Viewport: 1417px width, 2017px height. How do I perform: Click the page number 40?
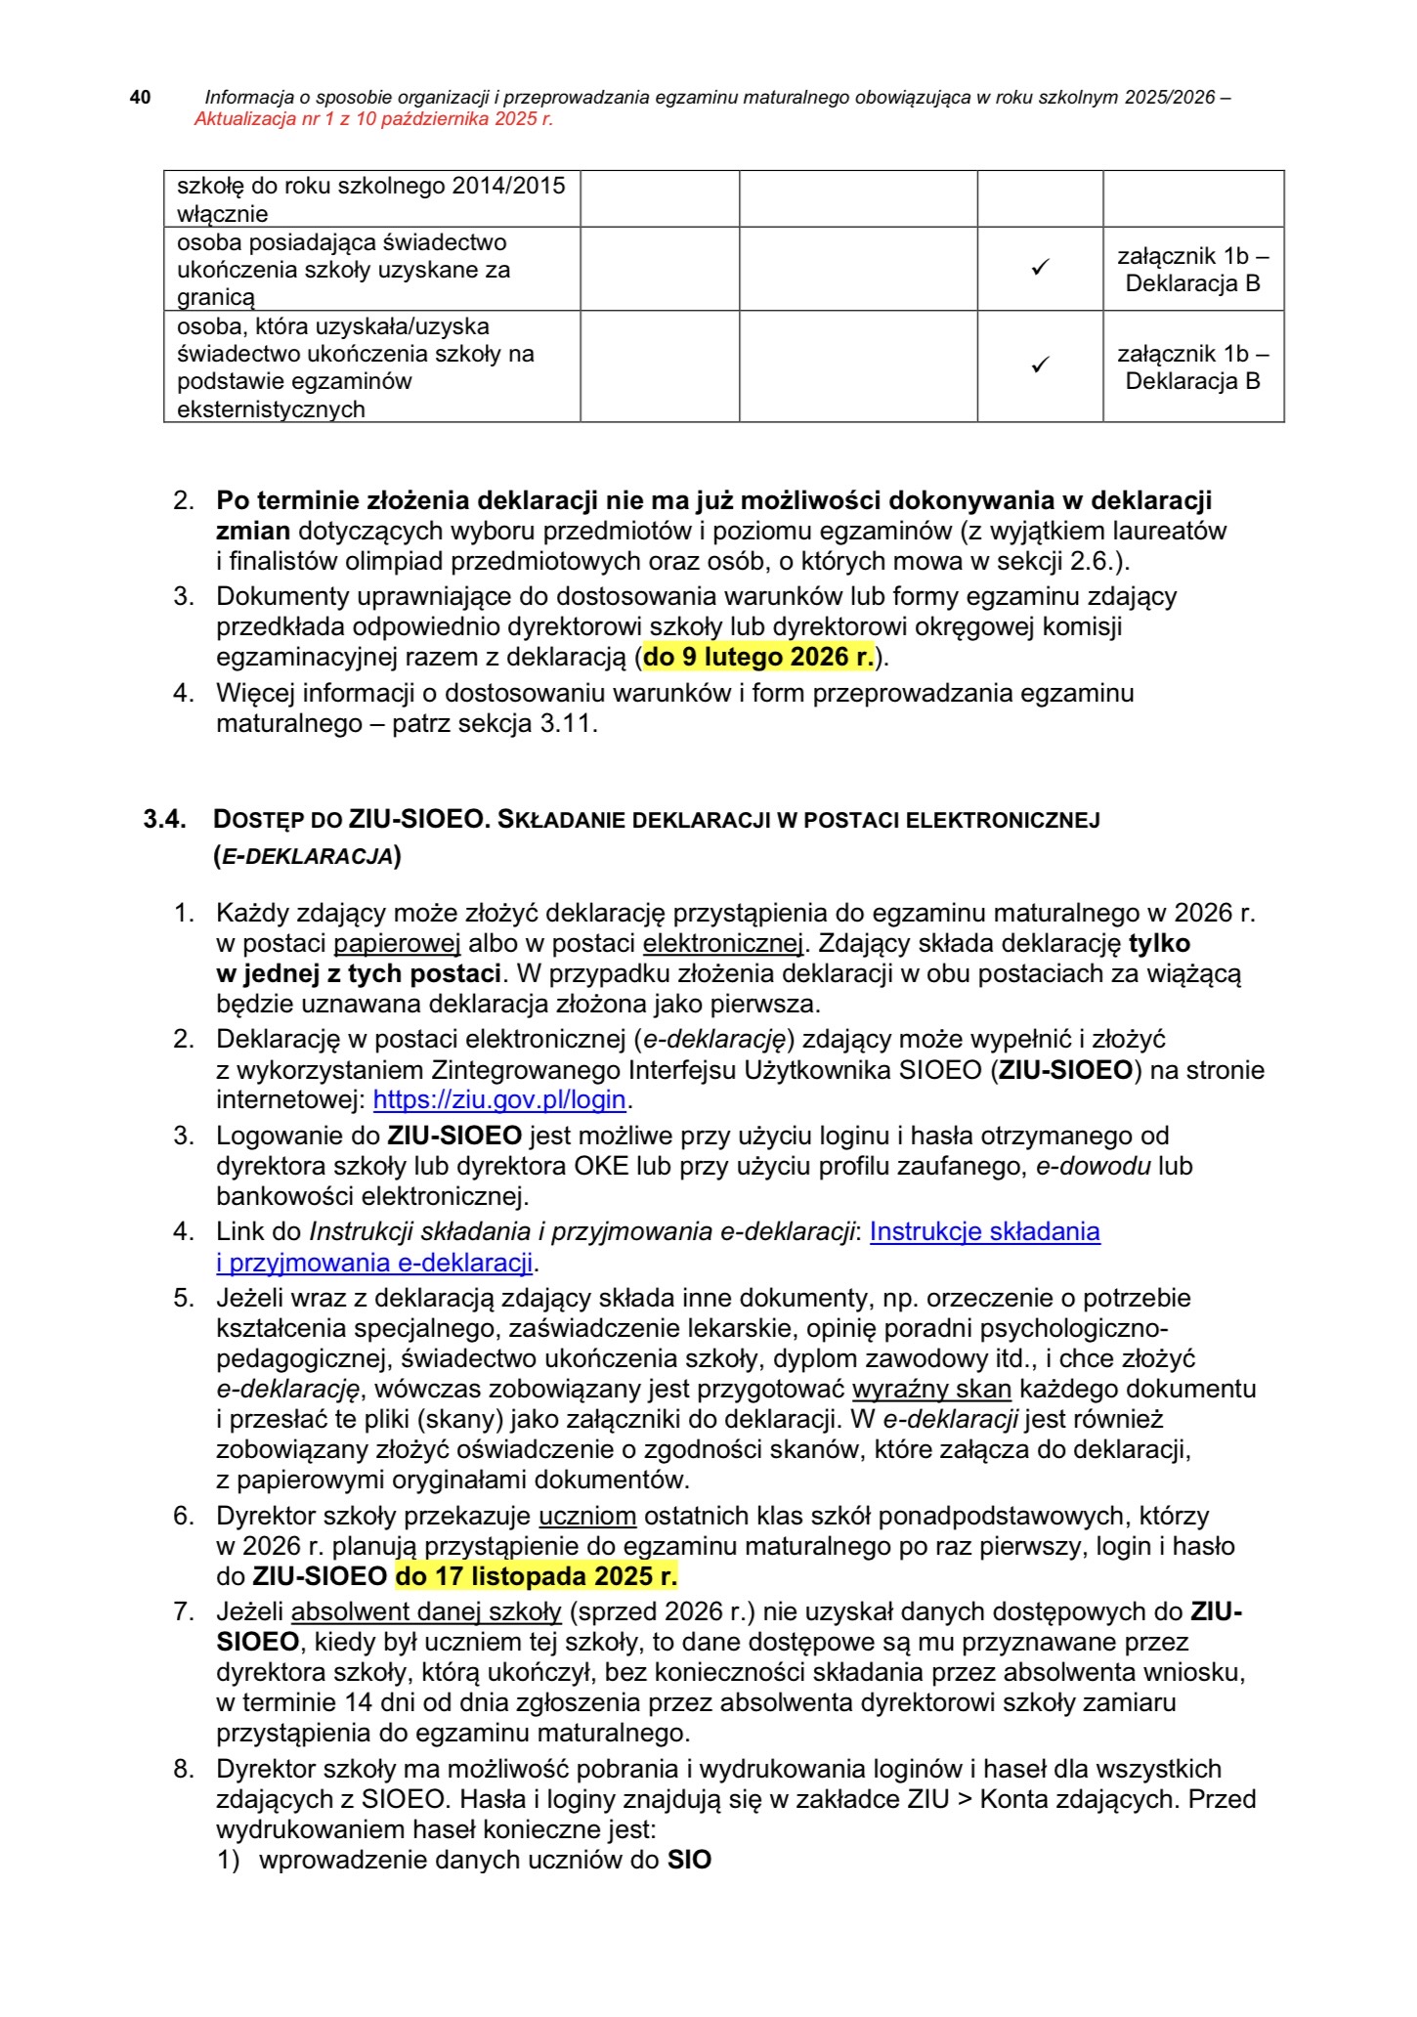point(141,97)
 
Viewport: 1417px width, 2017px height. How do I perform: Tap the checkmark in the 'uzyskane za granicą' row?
point(1040,268)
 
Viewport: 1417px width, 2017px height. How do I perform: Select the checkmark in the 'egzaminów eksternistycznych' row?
point(1040,365)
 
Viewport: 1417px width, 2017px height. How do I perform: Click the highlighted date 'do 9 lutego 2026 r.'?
point(758,657)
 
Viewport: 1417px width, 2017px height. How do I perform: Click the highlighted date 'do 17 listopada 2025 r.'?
point(536,1576)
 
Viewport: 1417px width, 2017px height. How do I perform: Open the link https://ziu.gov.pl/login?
point(499,1099)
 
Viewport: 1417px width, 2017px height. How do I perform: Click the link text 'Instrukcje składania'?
point(984,1231)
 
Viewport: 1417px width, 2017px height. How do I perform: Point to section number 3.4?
point(164,819)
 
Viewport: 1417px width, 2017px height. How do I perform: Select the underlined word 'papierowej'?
point(397,944)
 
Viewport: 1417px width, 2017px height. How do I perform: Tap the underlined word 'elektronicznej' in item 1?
point(722,944)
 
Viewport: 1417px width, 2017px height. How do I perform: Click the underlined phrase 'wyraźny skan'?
point(931,1389)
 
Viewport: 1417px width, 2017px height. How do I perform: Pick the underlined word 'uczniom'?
point(587,1516)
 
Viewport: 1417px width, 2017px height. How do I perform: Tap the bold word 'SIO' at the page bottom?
point(689,1860)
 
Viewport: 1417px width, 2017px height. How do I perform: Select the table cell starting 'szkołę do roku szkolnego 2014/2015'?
point(371,198)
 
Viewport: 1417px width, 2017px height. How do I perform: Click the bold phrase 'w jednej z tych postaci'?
point(359,974)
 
